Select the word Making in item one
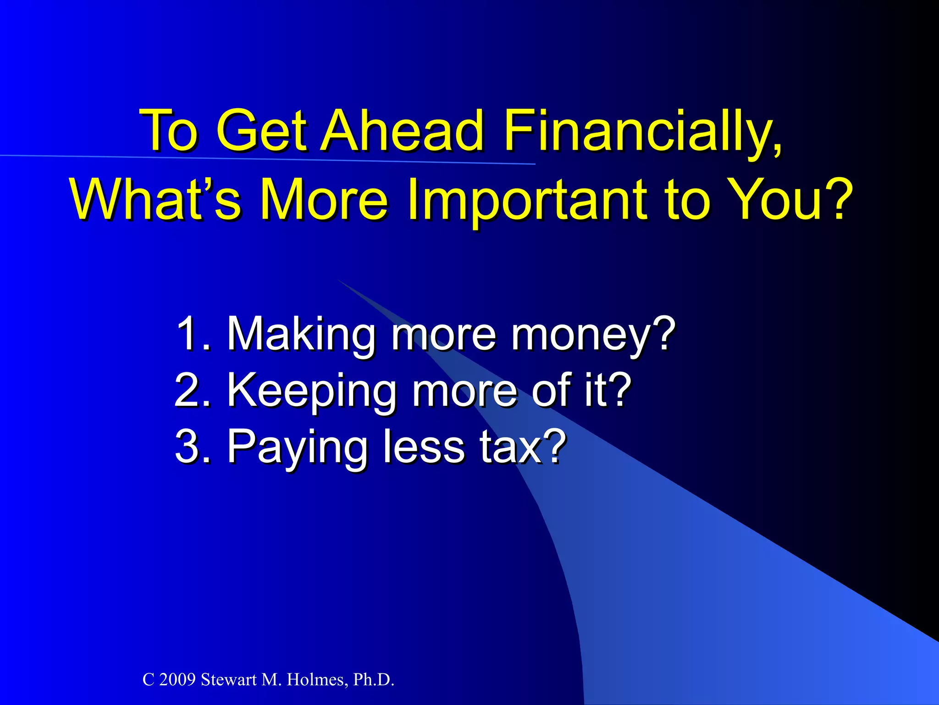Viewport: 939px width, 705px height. pos(301,334)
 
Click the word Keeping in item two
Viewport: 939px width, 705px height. pos(312,391)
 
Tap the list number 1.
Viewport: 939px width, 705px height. pos(190,334)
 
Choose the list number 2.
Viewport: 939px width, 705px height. pos(190,391)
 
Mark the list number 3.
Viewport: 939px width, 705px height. pos(190,446)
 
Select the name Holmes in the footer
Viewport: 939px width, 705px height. pos(316,680)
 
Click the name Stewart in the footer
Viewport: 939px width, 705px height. pos(229,680)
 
